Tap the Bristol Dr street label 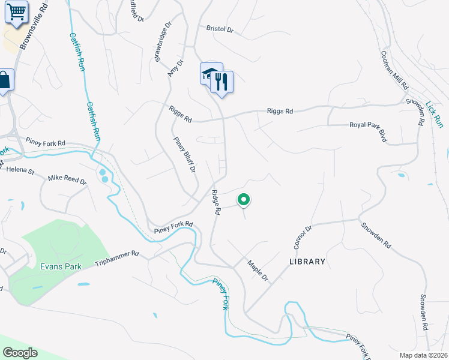pyautogui.click(x=219, y=29)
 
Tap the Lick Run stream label pyautogui.click(x=434, y=114)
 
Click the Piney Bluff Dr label pyautogui.click(x=185, y=155)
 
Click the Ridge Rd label pyautogui.click(x=216, y=203)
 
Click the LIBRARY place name pyautogui.click(x=307, y=262)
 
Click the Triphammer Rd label pyautogui.click(x=117, y=259)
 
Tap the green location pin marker pyautogui.click(x=244, y=199)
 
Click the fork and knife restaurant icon pyautogui.click(x=222, y=82)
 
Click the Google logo pyautogui.click(x=20, y=353)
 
